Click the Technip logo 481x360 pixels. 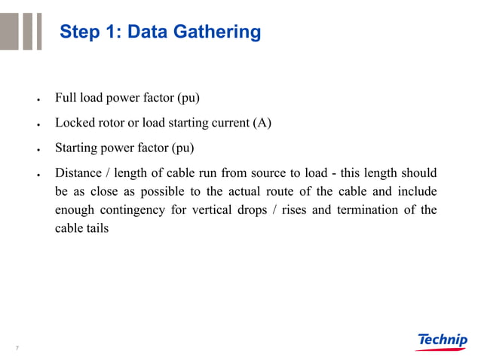click(x=442, y=341)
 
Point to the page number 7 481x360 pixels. click(x=17, y=348)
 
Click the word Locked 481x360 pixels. click(x=75, y=122)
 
